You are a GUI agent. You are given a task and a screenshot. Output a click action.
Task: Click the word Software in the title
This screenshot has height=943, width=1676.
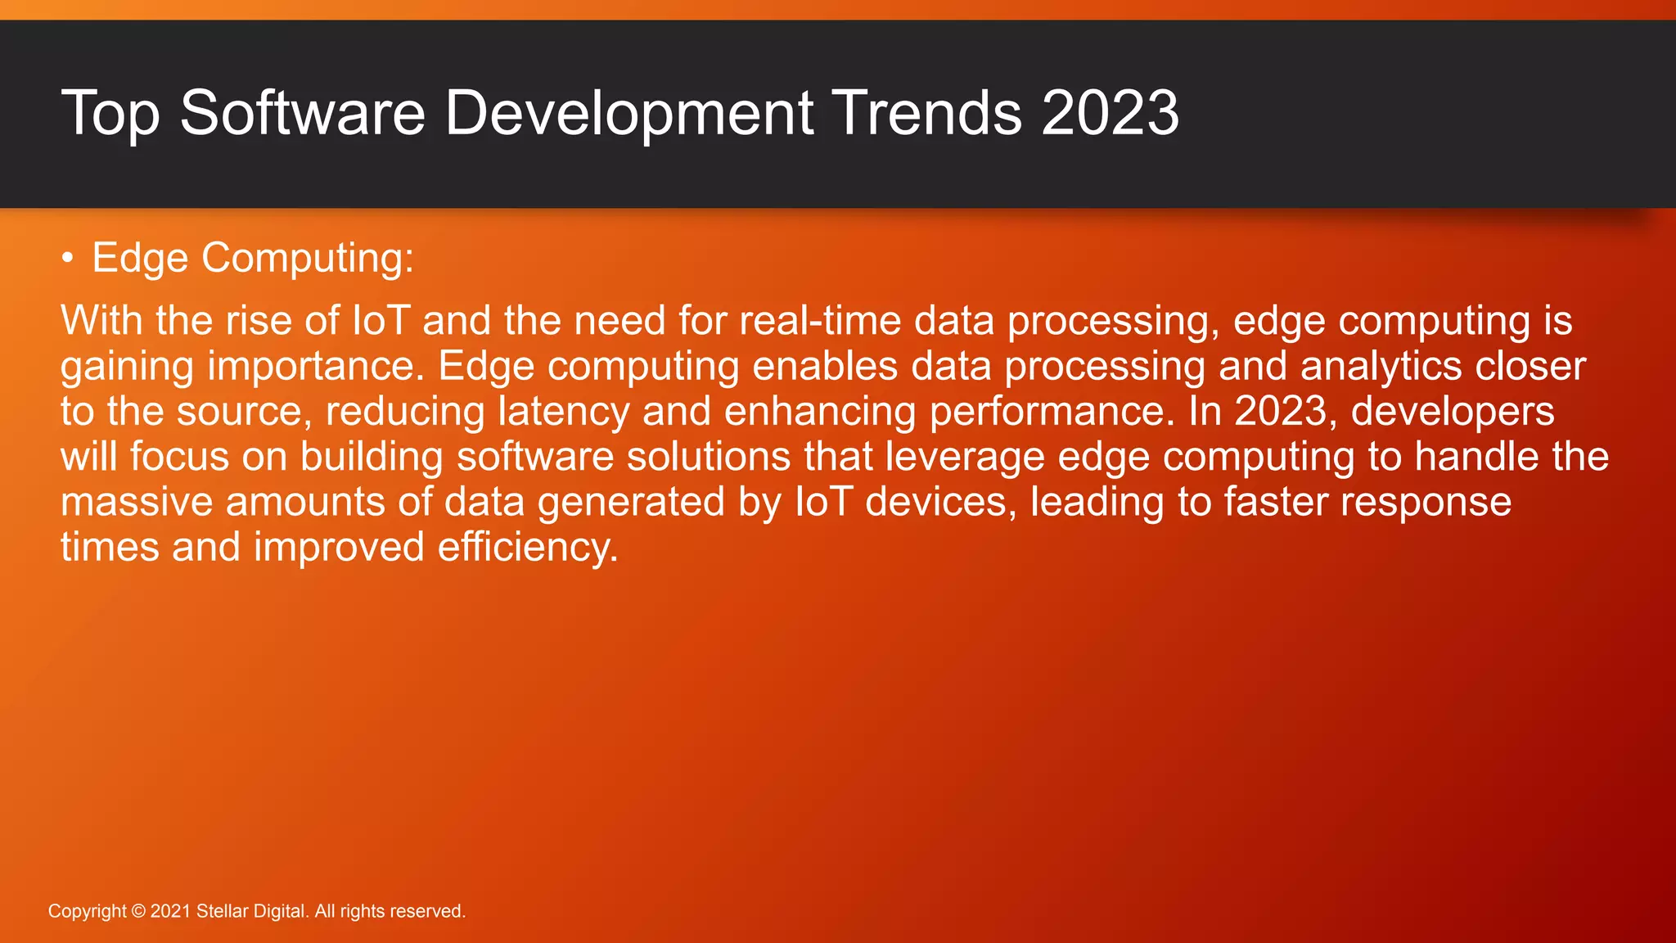click(302, 113)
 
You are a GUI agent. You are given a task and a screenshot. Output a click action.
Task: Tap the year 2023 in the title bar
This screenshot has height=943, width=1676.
click(1110, 113)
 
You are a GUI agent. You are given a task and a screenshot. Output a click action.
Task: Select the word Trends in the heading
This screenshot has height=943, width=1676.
click(926, 113)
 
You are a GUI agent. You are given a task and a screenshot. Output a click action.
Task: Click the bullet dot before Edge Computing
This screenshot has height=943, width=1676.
click(67, 259)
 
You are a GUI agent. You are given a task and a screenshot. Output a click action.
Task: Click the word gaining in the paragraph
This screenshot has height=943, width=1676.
click(127, 368)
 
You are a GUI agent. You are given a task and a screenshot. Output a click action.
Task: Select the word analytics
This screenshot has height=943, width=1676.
click(1381, 366)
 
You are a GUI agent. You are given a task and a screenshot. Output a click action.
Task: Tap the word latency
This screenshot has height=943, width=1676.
click(564, 412)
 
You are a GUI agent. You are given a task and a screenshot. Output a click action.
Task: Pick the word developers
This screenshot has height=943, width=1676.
click(1453, 412)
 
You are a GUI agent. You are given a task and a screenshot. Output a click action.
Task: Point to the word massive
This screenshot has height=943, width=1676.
click(137, 502)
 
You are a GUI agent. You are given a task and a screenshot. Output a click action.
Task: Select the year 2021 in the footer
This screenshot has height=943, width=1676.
click(170, 912)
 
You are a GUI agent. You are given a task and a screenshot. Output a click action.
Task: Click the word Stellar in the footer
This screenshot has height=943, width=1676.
click(219, 912)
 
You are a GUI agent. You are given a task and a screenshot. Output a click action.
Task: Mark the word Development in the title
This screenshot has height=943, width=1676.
click(628, 113)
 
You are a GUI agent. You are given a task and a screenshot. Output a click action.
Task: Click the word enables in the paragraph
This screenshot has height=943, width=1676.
click(825, 366)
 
